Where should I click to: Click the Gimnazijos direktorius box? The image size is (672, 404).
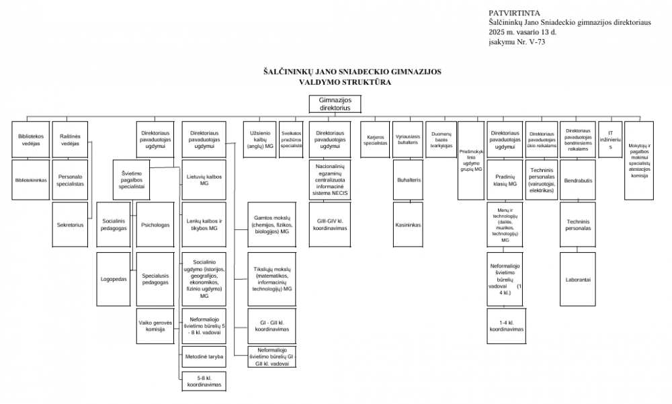pyautogui.click(x=334, y=104)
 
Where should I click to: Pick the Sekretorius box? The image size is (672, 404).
pyautogui.click(x=70, y=225)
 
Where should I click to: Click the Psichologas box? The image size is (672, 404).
pyautogui.click(x=155, y=225)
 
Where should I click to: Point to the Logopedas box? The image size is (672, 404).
pyautogui.click(x=114, y=278)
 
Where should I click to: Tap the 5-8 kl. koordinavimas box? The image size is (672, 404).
pyautogui.click(x=204, y=382)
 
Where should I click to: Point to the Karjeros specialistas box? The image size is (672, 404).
pyautogui.click(x=376, y=139)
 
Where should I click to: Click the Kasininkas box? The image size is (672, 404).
pyautogui.click(x=408, y=225)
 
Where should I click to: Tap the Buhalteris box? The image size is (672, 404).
pyautogui.click(x=408, y=180)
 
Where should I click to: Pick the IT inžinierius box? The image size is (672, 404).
pyautogui.click(x=610, y=139)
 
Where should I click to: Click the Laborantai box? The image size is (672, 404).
pyautogui.click(x=579, y=278)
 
